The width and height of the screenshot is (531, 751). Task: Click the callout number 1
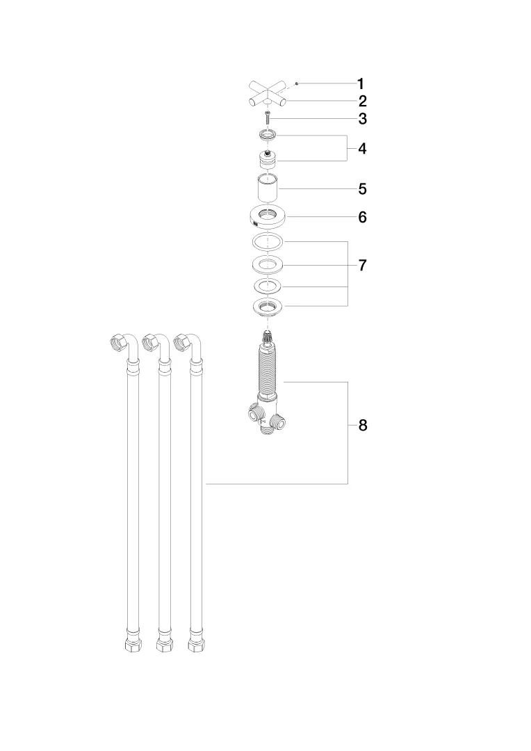tap(361, 84)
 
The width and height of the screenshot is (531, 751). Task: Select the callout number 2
tap(362, 102)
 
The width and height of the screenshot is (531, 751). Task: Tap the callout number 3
tap(362, 119)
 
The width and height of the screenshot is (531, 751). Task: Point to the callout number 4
tap(362, 149)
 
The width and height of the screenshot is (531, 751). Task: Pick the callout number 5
tap(362, 189)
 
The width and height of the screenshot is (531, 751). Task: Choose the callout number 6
tap(362, 217)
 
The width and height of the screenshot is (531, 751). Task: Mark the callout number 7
tap(362, 266)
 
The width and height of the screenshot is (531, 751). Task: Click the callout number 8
tap(362, 426)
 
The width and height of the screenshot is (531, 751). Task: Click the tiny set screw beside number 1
tap(296, 83)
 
